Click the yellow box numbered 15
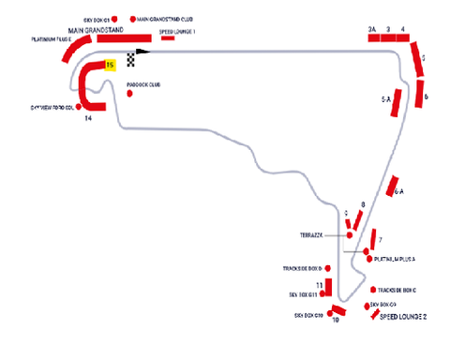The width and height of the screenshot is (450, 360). coord(111,65)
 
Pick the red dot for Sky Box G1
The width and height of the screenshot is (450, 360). coord(115,18)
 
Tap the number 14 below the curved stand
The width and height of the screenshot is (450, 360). coord(88,119)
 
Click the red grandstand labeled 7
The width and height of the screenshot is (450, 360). coord(372,238)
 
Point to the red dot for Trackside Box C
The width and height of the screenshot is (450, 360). coord(373,290)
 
